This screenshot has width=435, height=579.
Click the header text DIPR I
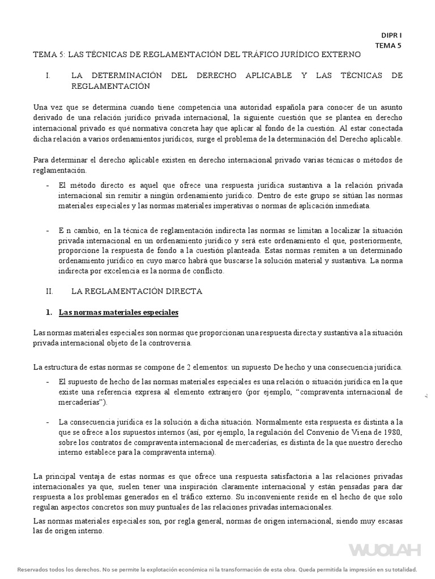pyautogui.click(x=391, y=35)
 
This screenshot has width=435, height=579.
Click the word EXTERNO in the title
pyautogui.click(x=338, y=55)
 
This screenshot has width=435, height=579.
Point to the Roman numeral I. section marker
pyautogui.click(x=49, y=75)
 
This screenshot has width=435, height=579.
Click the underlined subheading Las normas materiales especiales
pyautogui.click(x=118, y=312)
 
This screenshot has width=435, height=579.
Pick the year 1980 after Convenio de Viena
pyautogui.click(x=390, y=433)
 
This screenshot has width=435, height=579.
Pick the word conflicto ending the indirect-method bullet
pyautogui.click(x=207, y=271)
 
